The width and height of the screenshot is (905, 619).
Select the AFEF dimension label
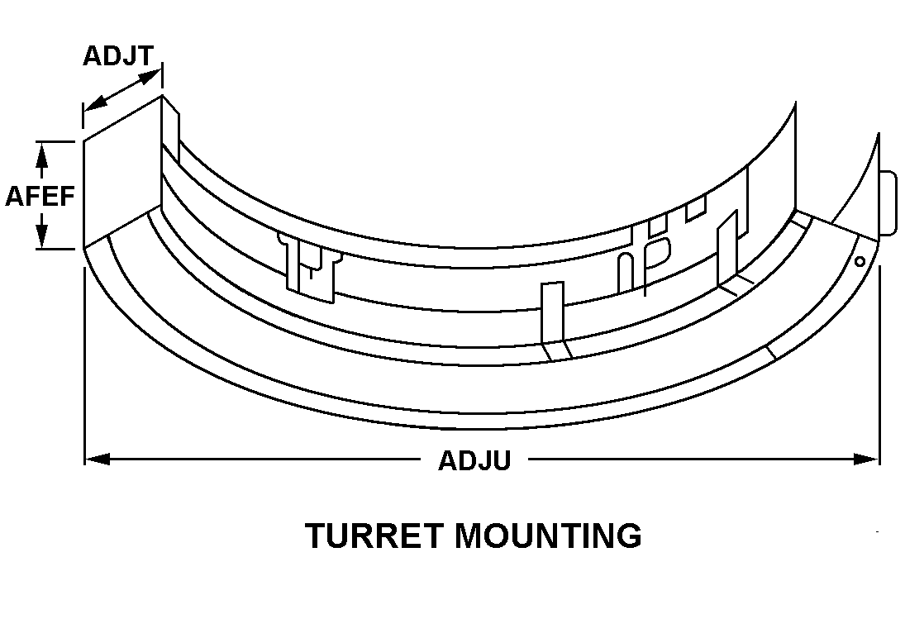[x=40, y=196]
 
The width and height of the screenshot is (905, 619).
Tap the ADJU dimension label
[x=474, y=459]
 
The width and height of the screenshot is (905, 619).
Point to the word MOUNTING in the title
[x=547, y=536]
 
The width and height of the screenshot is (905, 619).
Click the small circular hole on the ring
[x=860, y=261]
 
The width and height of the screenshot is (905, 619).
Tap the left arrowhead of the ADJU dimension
[x=96, y=459]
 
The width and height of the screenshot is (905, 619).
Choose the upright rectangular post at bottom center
[x=552, y=312]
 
